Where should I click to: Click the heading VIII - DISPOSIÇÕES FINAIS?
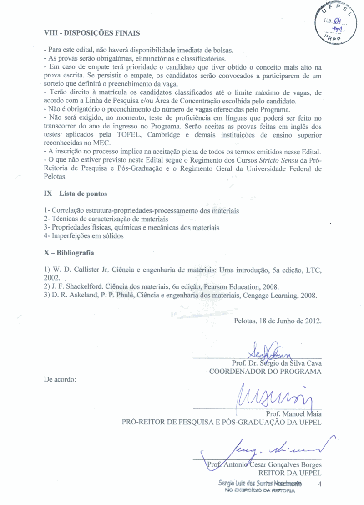[x=91, y=33]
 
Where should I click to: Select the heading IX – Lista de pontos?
[x=76, y=194]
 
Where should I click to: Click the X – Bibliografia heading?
[x=69, y=253]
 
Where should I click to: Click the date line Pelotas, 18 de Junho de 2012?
[x=278, y=321]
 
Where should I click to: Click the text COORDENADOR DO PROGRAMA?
[x=265, y=372]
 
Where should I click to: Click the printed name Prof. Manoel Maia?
[x=293, y=414]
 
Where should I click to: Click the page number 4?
[x=320, y=484]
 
